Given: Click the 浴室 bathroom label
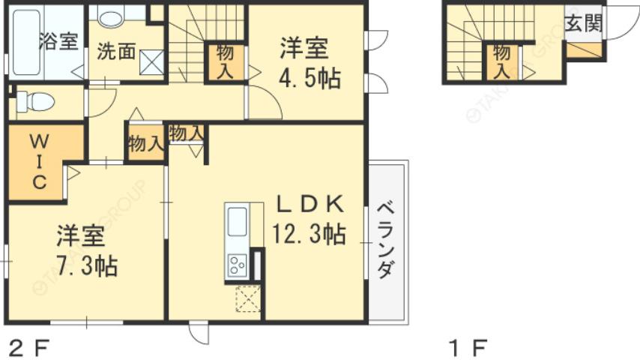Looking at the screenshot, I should pyautogui.click(x=58, y=41).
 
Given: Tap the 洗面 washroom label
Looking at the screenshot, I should pyautogui.click(x=115, y=52).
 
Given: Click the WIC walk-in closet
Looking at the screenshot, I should pyautogui.click(x=39, y=160).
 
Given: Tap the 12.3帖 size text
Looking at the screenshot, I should pyautogui.click(x=309, y=235).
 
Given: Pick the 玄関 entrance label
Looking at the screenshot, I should pyautogui.click(x=583, y=22).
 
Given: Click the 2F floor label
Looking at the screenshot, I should pyautogui.click(x=28, y=348).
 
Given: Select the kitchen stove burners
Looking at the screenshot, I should pyautogui.click(x=238, y=265).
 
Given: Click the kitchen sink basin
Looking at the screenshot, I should pyautogui.click(x=237, y=222).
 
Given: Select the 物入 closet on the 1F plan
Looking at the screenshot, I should pyautogui.click(x=502, y=62).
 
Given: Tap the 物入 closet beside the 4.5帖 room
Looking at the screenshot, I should pyautogui.click(x=225, y=62).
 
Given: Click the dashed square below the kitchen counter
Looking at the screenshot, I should pyautogui.click(x=247, y=298).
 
